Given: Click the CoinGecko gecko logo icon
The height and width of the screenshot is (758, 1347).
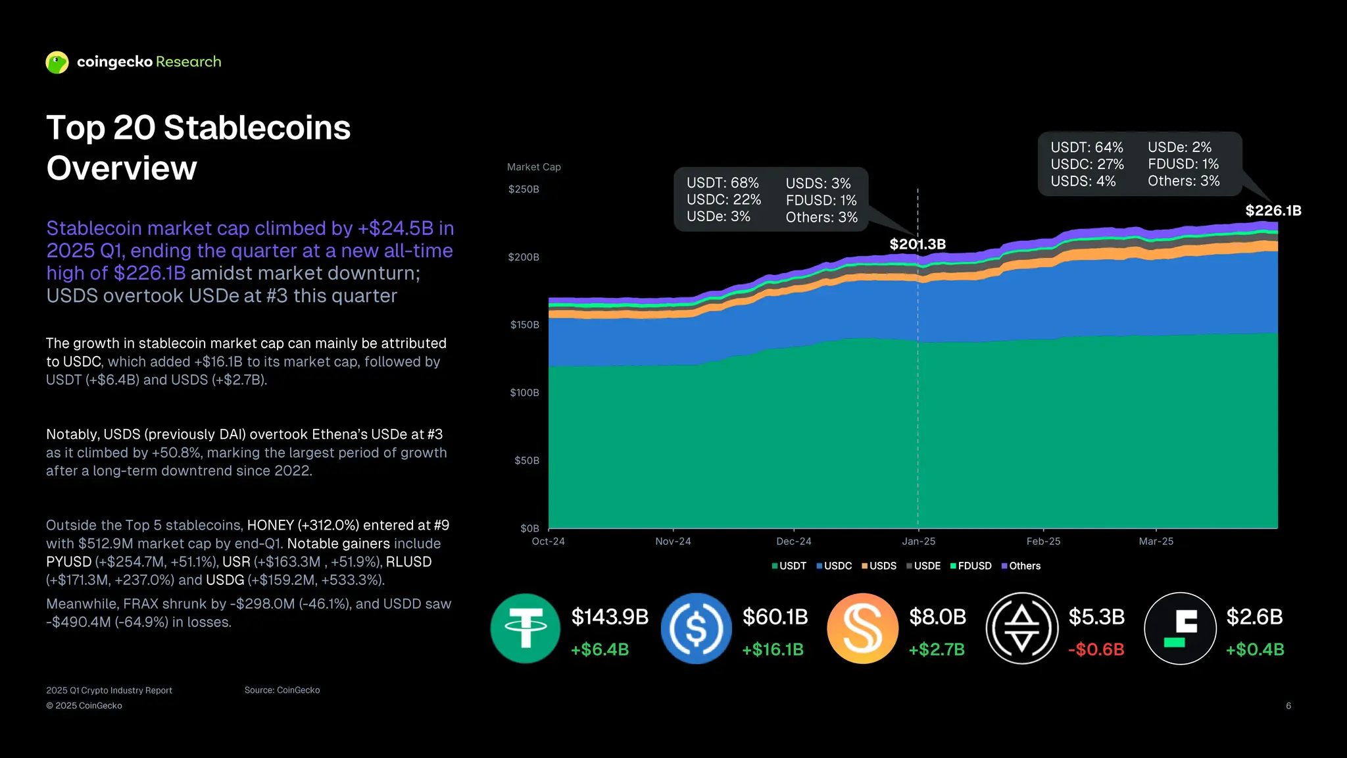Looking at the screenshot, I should click(x=57, y=63).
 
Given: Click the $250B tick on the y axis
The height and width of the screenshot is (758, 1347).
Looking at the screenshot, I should click(x=524, y=189).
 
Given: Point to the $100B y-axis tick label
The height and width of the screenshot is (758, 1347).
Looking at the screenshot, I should click(x=524, y=393).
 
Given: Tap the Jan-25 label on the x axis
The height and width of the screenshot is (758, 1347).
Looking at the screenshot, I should click(x=918, y=542).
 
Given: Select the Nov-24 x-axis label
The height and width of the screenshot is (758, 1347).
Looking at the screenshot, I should click(x=673, y=542).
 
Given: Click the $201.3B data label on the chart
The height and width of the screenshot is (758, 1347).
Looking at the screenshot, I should click(x=918, y=244).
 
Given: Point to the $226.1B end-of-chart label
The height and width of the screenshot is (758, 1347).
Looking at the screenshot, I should click(x=1273, y=211).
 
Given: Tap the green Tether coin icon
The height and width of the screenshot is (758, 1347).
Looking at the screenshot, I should click(x=525, y=628).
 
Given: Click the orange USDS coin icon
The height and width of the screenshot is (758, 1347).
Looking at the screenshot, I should click(x=862, y=628).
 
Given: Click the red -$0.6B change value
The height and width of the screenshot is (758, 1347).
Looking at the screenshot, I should click(x=1096, y=649).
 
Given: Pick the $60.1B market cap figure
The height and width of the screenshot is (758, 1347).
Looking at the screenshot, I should click(x=775, y=617).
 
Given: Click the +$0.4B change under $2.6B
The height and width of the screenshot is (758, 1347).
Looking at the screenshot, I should click(x=1254, y=649).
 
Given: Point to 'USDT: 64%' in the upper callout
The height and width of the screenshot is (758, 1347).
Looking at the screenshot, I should click(x=1087, y=147).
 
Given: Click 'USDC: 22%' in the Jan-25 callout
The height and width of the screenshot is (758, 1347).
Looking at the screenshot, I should click(x=723, y=199).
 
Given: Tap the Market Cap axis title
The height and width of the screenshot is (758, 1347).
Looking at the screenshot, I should click(x=533, y=167).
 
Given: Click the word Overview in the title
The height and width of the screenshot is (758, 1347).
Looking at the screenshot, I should click(x=122, y=168).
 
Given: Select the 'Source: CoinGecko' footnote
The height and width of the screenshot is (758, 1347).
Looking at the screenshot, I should click(x=282, y=690).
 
